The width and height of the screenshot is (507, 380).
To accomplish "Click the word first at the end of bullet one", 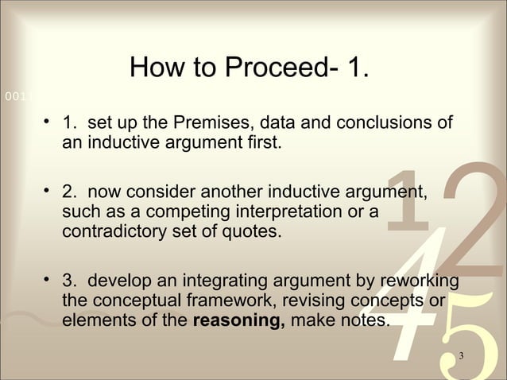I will [x=264, y=145].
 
